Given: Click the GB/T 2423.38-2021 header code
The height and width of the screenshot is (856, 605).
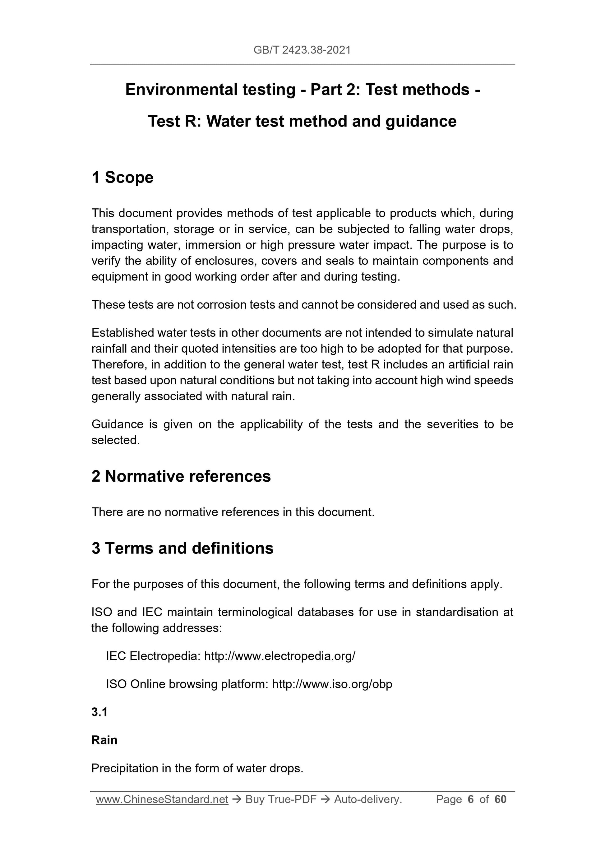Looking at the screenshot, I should click(302, 50).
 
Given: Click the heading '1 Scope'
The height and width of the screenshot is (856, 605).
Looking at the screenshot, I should click(122, 178).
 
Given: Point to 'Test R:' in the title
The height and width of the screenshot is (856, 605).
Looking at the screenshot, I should click(174, 122).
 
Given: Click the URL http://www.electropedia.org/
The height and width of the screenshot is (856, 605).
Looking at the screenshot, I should click(279, 656).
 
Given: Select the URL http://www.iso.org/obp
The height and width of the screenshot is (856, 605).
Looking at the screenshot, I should click(332, 684).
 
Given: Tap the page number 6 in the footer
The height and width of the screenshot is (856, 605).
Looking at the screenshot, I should click(470, 799).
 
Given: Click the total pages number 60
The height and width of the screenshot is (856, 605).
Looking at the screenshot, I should click(500, 799).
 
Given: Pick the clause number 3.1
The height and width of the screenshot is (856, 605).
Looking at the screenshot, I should click(99, 712).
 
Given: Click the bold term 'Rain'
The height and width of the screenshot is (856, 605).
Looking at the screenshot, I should click(104, 740).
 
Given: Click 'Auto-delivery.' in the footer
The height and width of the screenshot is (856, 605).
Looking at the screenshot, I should click(368, 799).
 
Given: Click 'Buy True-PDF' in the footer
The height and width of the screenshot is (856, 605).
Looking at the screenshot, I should click(281, 799).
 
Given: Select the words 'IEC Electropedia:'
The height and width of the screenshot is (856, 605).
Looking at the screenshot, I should click(153, 656).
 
